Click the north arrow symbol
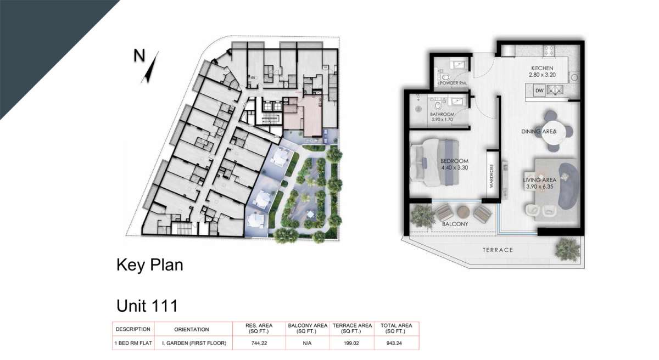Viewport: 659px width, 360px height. click(x=150, y=68)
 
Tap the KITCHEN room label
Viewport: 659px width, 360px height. click(x=542, y=68)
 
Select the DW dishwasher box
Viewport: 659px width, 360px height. click(x=539, y=91)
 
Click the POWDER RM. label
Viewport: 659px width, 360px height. click(x=453, y=83)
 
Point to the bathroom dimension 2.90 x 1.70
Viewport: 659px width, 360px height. click(x=442, y=120)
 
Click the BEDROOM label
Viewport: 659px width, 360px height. click(x=454, y=161)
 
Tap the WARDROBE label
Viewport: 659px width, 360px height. click(x=492, y=176)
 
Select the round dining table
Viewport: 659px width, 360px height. click(x=553, y=132)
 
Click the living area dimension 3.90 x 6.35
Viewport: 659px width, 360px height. click(x=539, y=187)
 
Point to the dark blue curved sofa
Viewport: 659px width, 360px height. click(x=568, y=185)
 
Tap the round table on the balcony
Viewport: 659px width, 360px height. click(x=463, y=212)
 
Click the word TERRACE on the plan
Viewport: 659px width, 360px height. click(x=498, y=250)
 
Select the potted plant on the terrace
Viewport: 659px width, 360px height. click(x=567, y=249)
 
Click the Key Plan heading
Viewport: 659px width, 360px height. click(x=150, y=265)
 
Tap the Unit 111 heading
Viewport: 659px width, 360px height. click(x=147, y=306)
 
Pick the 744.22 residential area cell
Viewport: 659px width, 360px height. click(x=259, y=343)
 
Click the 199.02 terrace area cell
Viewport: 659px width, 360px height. click(x=351, y=343)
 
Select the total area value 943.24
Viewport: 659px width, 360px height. click(x=394, y=343)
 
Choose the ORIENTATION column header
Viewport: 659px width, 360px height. click(x=192, y=329)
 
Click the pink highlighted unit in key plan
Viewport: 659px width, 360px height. click(x=306, y=116)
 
